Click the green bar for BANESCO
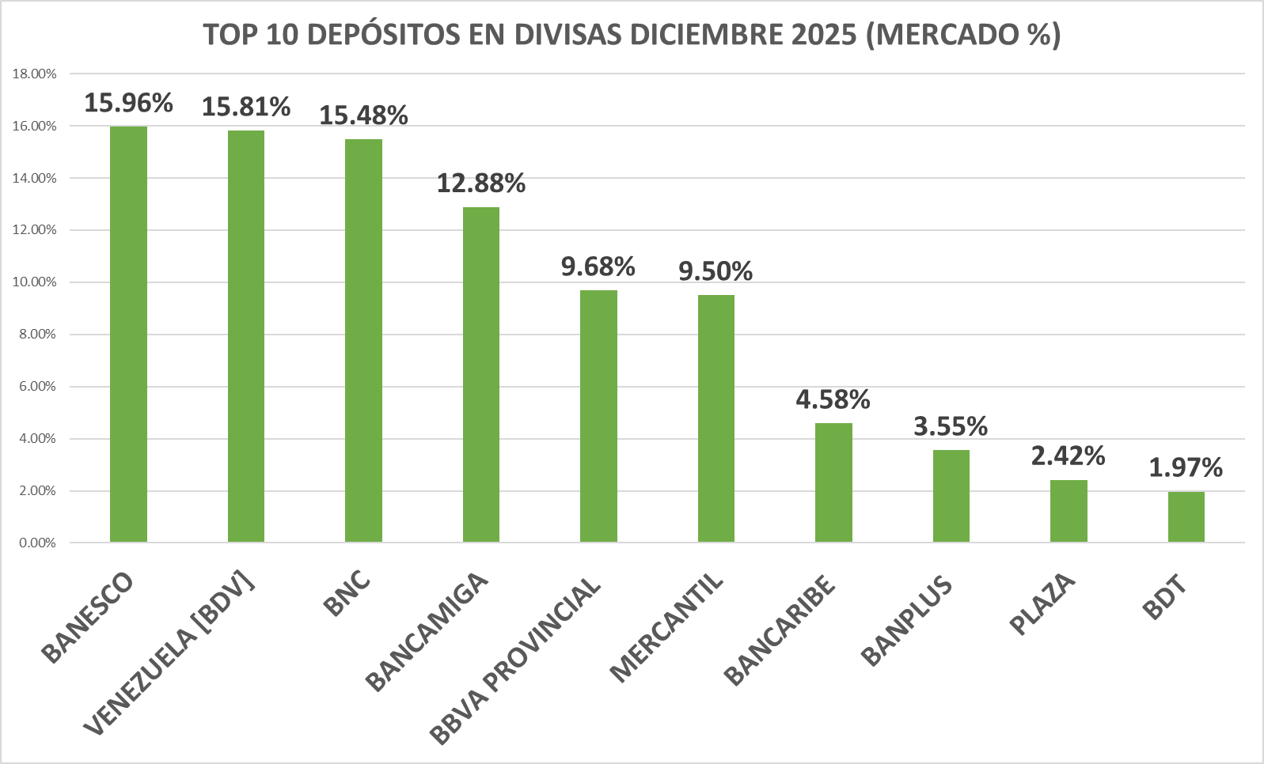[128, 334]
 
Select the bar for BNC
[363, 340]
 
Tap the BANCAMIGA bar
[481, 374]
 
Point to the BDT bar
[1186, 516]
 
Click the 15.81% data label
[246, 107]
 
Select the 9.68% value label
[598, 267]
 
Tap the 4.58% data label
[833, 400]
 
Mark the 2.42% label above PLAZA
[1068, 456]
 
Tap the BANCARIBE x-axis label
[780, 630]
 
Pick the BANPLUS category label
[907, 622]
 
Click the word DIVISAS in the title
[568, 36]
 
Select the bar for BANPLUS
[951, 496]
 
